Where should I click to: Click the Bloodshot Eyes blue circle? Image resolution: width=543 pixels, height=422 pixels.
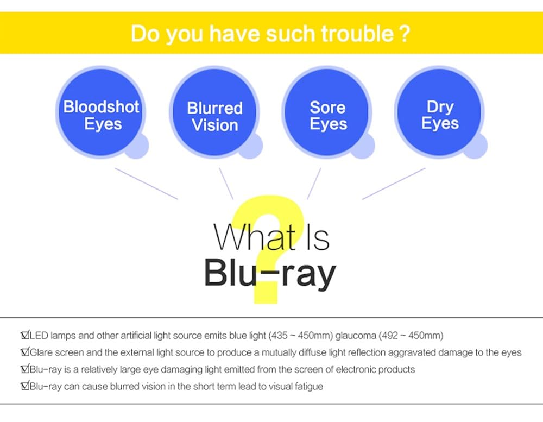pyautogui.click(x=101, y=114)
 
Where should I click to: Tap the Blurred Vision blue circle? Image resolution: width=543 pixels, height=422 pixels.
pyautogui.click(x=214, y=116)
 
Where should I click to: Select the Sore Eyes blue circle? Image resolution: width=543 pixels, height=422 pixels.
pyautogui.click(x=327, y=115)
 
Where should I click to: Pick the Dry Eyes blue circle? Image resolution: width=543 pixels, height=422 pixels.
pyautogui.click(x=440, y=114)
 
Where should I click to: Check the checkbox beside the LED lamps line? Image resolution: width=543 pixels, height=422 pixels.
pyautogui.click(x=24, y=335)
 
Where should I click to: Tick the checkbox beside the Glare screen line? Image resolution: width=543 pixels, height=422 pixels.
pyautogui.click(x=24, y=352)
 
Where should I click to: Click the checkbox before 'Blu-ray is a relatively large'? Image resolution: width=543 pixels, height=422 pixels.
pyautogui.click(x=24, y=369)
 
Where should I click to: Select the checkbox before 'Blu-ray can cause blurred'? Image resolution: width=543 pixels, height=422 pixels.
pyautogui.click(x=24, y=387)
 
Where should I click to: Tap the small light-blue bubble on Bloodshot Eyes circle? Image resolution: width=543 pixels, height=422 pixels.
pyautogui.click(x=136, y=146)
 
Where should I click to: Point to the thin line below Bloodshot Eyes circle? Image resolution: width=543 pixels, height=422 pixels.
pyautogui.click(x=147, y=184)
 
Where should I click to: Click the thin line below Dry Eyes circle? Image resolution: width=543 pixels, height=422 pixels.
pyautogui.click(x=394, y=184)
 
